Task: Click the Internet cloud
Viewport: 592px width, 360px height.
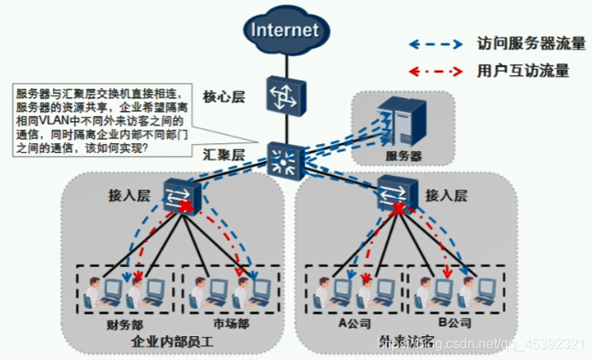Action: [284, 32]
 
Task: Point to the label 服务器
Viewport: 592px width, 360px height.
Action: [403, 157]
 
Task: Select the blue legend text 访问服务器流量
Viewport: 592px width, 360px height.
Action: [531, 43]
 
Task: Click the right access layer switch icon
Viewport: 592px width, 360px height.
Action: [392, 191]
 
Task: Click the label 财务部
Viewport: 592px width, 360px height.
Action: [125, 324]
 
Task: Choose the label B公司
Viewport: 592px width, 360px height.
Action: [455, 324]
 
